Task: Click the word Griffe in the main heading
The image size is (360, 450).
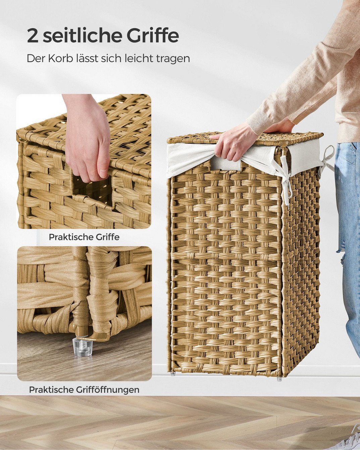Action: click(x=152, y=36)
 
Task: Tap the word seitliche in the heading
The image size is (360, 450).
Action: click(x=83, y=36)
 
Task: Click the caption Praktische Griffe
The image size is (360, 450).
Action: click(x=84, y=237)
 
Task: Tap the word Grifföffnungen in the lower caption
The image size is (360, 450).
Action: click(x=107, y=390)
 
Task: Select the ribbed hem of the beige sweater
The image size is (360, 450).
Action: click(x=347, y=129)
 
